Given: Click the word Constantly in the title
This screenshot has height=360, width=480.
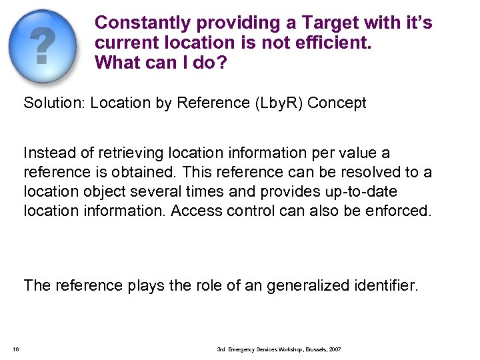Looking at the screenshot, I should [143, 23].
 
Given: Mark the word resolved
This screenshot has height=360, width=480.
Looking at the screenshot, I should [327, 173].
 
